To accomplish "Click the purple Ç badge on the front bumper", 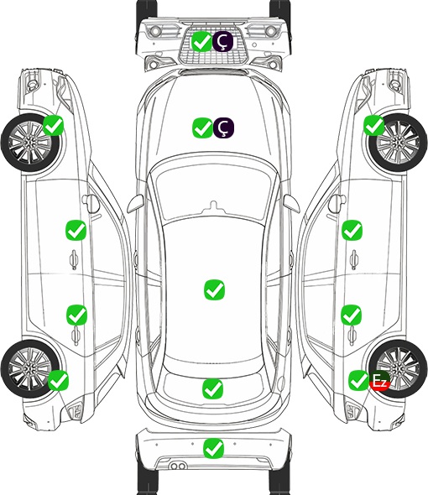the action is tap(222, 41).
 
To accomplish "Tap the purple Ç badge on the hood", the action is tap(223, 128).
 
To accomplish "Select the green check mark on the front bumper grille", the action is tap(202, 41).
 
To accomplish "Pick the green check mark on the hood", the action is tap(203, 128).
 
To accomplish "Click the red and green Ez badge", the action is tap(379, 380).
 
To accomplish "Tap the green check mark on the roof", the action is tap(215, 289).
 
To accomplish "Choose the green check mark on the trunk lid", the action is tap(213, 388).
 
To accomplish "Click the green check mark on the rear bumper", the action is tap(214, 448).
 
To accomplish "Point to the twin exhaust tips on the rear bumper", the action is tap(178, 466).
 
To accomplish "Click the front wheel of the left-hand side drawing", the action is tap(30, 143).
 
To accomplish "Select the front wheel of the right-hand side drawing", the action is tap(398, 143).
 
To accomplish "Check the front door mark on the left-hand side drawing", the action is tap(76, 230).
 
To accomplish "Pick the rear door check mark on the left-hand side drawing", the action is tap(76, 315).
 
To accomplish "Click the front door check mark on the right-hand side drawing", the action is tap(352, 230).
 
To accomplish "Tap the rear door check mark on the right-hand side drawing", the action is tap(352, 315).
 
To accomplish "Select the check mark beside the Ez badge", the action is tap(358, 380).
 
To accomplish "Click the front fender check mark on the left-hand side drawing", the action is tap(54, 125).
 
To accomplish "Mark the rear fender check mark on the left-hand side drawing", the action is tap(58, 380).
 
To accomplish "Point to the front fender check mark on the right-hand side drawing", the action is tap(374, 125).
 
